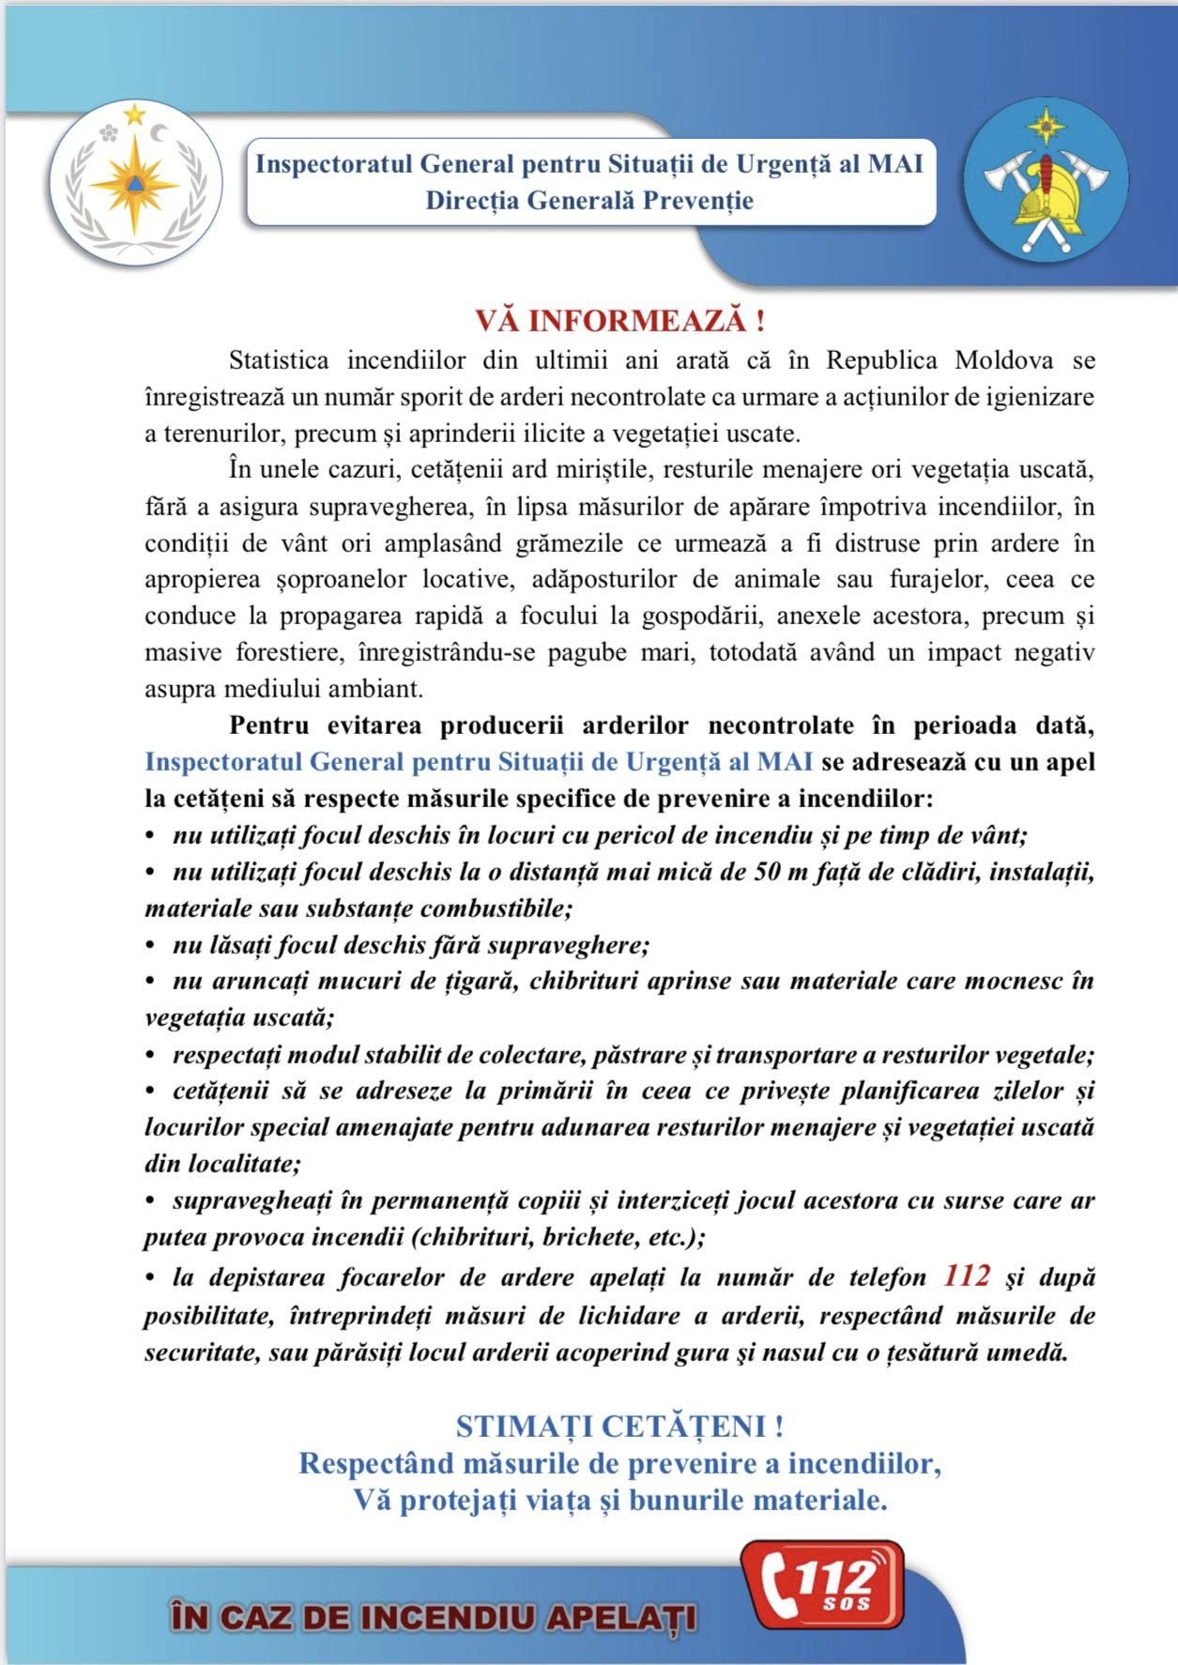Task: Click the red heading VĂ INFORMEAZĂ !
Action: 620,321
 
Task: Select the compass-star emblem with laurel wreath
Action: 134,182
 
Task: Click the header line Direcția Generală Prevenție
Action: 589,201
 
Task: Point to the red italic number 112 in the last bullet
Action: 967,1276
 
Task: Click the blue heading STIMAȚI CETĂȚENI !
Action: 620,1427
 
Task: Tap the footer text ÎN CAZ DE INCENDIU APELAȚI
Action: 433,1618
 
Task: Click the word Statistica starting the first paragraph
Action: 279,360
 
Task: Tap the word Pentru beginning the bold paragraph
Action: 271,726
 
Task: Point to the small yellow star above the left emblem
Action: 134,115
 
